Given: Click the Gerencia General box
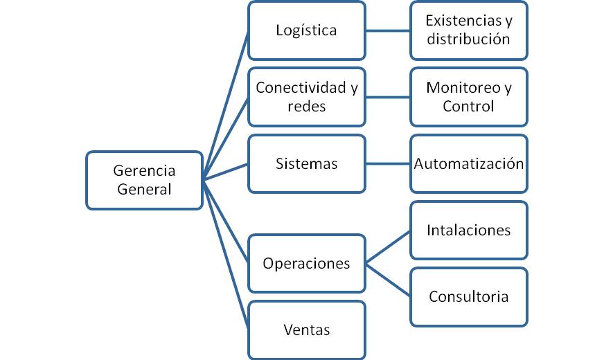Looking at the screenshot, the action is [x=144, y=180].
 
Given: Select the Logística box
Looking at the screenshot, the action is [x=306, y=30].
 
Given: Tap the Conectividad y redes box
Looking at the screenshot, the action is [x=306, y=97].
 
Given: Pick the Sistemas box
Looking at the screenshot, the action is [x=306, y=164].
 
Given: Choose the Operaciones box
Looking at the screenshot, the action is [x=306, y=264].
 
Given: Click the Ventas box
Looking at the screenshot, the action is [x=306, y=330].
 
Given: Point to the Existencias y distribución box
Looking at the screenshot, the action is [x=469, y=30].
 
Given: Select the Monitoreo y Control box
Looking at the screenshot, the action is [x=469, y=97].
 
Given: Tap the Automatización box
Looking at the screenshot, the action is [x=469, y=164].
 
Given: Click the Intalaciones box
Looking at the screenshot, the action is [x=469, y=231].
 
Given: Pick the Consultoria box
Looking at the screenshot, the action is [x=469, y=297].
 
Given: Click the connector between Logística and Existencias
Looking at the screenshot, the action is [x=388, y=30].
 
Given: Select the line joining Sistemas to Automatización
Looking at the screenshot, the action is [x=388, y=164].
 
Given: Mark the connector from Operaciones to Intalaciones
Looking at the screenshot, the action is [x=388, y=247].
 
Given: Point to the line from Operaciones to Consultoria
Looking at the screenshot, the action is [x=388, y=280].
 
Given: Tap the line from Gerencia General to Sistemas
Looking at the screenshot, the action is [x=226, y=172].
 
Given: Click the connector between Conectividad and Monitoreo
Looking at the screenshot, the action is [x=388, y=97].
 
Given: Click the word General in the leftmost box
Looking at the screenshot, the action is [x=144, y=189].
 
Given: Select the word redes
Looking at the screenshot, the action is [x=306, y=107].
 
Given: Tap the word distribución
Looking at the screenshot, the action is [x=468, y=39].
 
